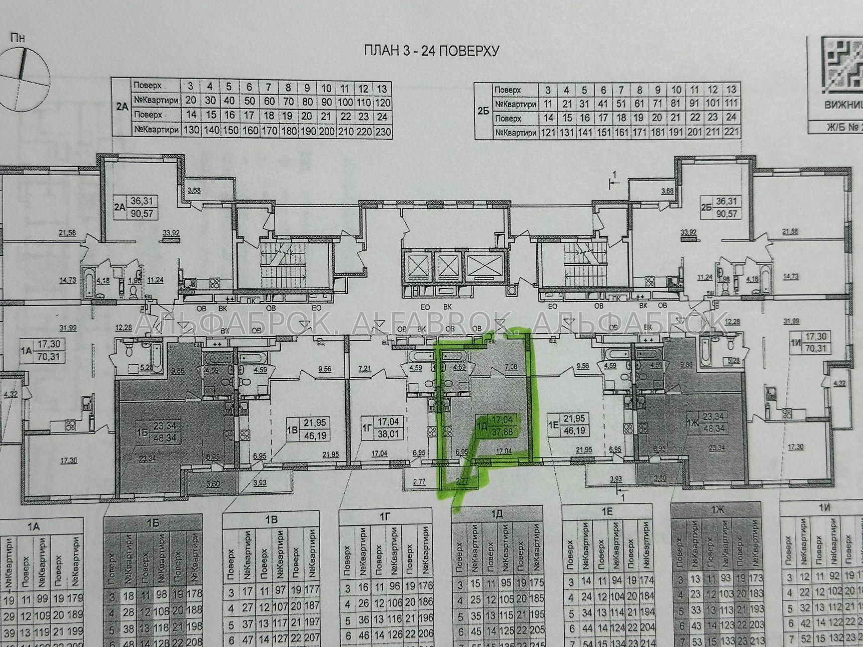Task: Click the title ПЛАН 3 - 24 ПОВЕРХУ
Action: (432, 51)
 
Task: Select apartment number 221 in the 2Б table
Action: (732, 133)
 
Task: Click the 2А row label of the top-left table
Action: (121, 107)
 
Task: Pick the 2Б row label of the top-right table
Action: (483, 111)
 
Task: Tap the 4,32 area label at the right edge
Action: (839, 383)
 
